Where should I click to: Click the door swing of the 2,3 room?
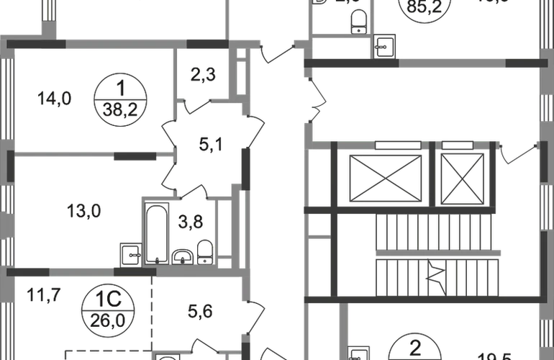coord(194,106)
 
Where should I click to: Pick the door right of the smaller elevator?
coord(519,153)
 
